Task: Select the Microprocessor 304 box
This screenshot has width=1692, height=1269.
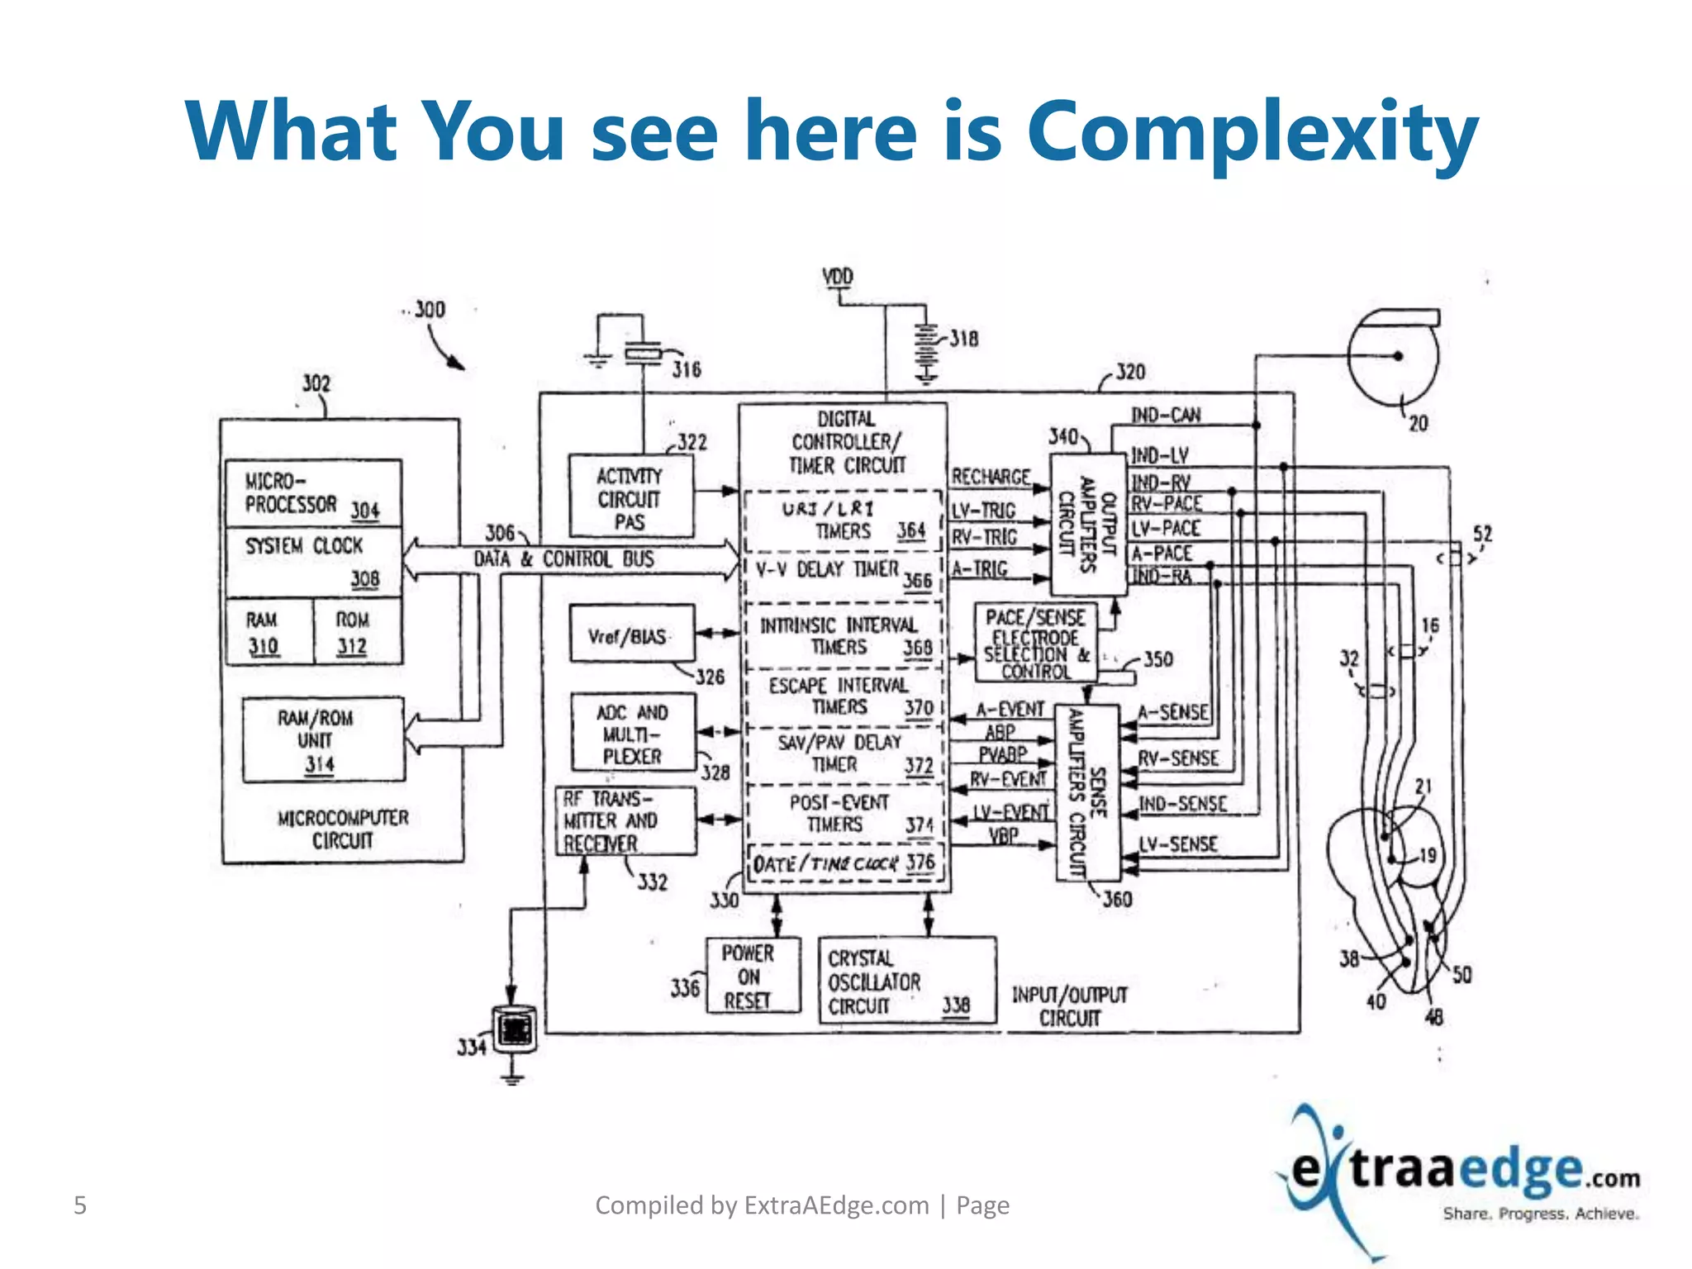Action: point(313,493)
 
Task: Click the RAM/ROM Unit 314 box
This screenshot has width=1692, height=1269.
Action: point(323,739)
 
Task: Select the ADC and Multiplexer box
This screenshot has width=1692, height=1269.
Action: point(634,733)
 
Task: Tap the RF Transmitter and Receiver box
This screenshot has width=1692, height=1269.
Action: point(626,821)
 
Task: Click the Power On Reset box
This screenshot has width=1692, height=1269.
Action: point(753,976)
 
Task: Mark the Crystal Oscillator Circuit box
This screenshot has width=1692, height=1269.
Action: point(906,981)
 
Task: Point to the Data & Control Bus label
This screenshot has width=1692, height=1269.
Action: point(563,559)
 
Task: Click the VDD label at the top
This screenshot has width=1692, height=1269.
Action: point(838,277)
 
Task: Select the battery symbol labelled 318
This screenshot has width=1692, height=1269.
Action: point(927,354)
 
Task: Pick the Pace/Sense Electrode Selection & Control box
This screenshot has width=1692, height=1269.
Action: point(1036,644)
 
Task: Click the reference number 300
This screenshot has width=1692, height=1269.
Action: point(430,310)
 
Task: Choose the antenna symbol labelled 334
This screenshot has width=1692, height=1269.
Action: point(514,1029)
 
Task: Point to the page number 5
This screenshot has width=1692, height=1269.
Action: point(80,1205)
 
